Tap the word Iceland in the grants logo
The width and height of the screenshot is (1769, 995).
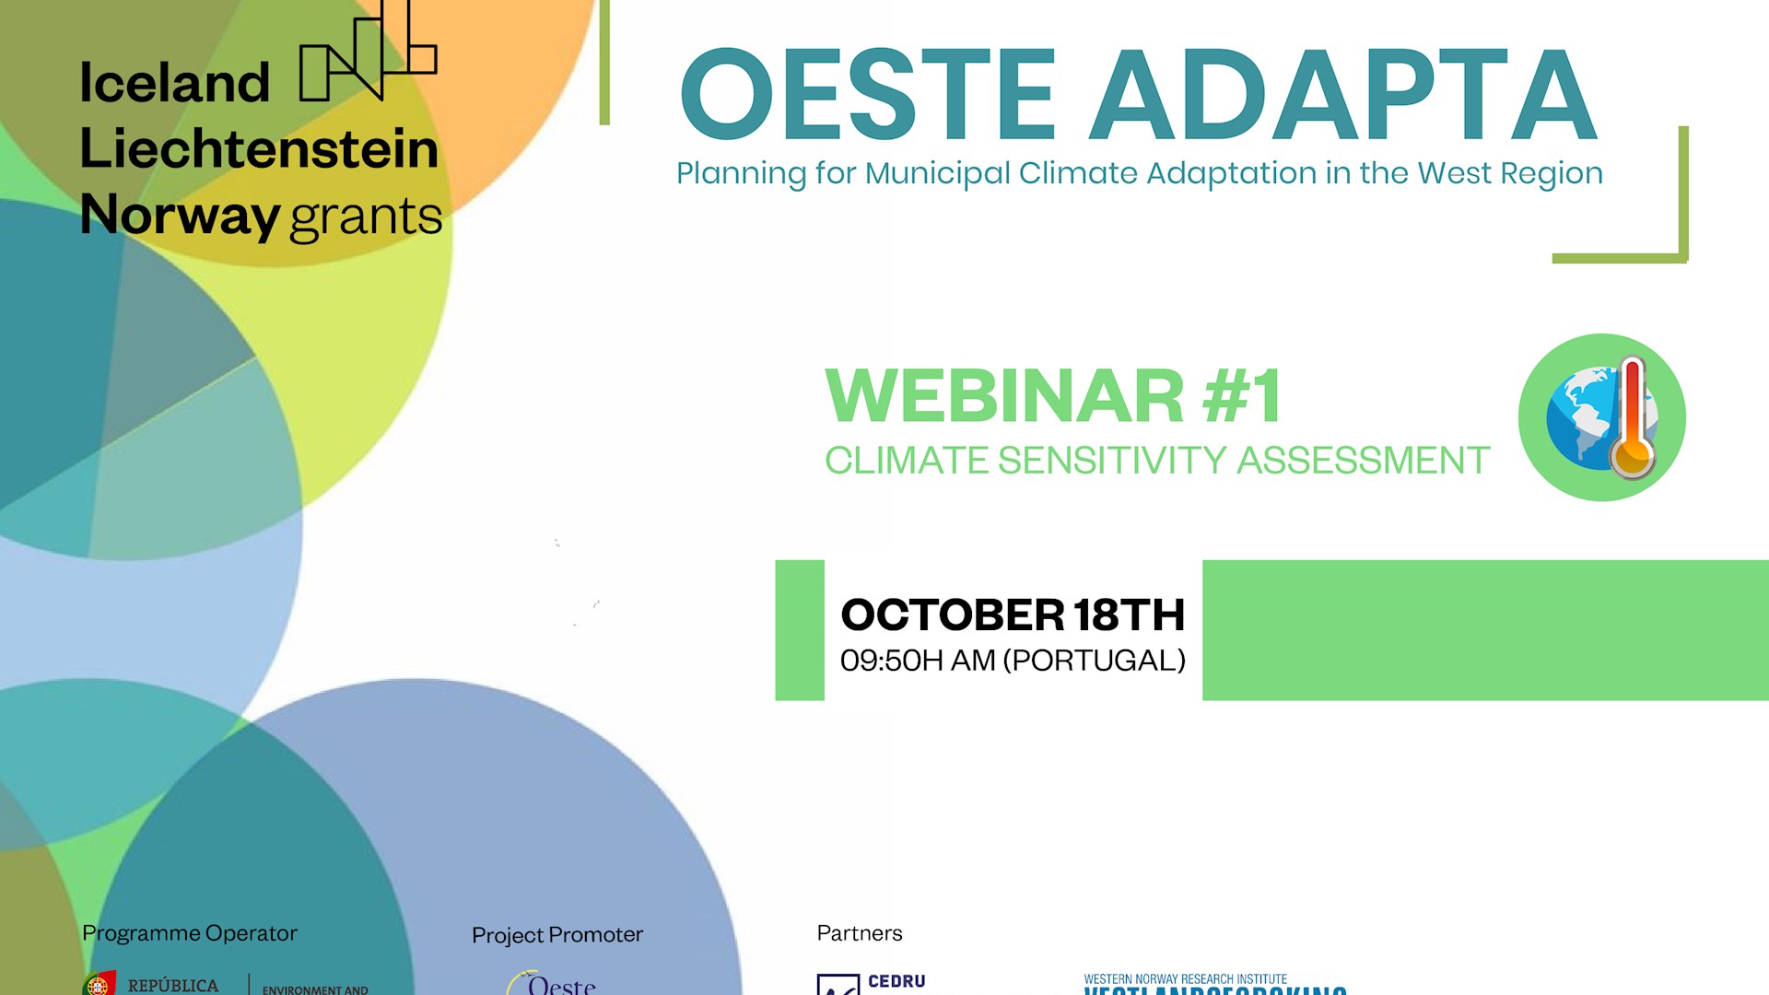[x=174, y=83]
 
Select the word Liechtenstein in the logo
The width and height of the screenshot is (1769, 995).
[x=259, y=149]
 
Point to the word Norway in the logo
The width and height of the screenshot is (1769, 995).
[x=180, y=216]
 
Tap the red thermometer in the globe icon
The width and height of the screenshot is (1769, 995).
[x=1633, y=419]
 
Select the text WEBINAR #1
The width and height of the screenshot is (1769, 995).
[x=1053, y=396]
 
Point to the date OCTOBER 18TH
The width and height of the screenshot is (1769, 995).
[x=1012, y=615]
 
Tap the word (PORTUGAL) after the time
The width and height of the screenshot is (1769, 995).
[x=1094, y=661]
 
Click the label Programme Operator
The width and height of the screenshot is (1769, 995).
[x=190, y=933]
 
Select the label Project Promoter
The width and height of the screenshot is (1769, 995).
[x=556, y=935]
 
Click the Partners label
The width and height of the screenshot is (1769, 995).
[x=859, y=933]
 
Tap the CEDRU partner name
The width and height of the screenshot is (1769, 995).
[x=896, y=982]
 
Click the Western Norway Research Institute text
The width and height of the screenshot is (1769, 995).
[x=1185, y=979]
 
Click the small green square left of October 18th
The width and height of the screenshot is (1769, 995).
[x=799, y=630]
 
